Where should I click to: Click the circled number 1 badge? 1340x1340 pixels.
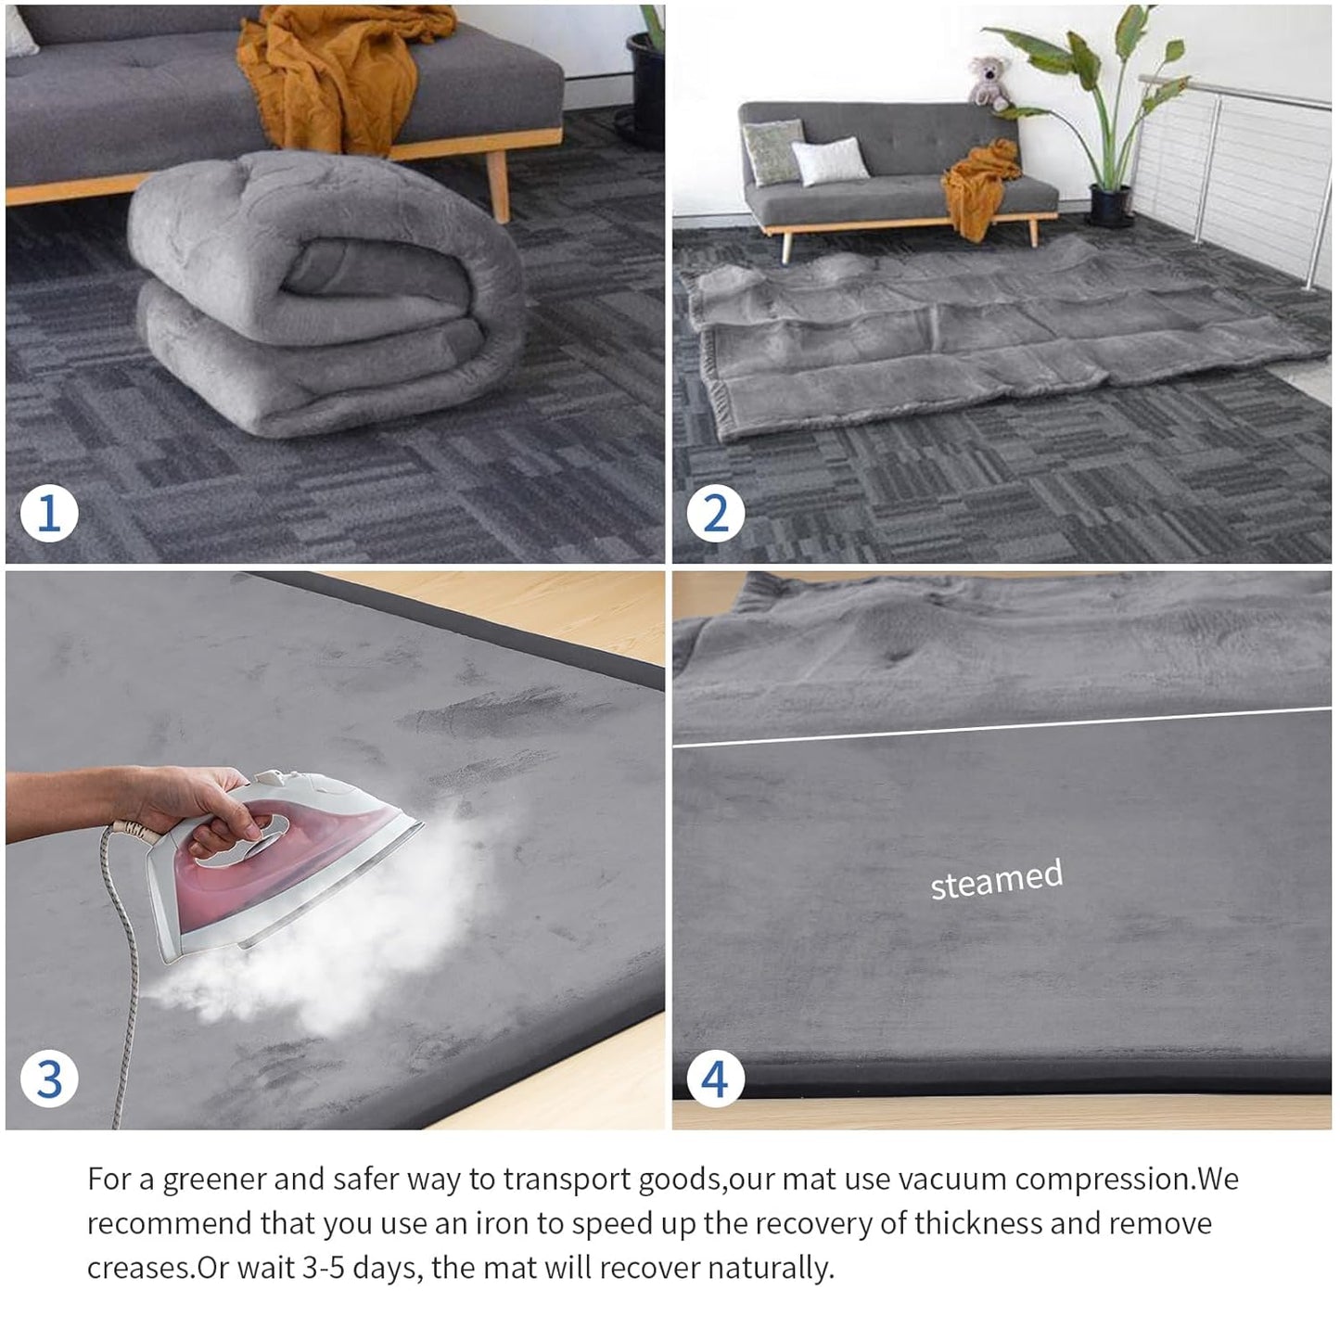[x=49, y=513]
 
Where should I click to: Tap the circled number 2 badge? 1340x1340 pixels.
[x=715, y=513]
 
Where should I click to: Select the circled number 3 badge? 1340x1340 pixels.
[x=49, y=1078]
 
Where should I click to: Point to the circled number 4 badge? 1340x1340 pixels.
[x=715, y=1078]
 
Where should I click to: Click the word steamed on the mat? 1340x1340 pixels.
[x=996, y=879]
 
